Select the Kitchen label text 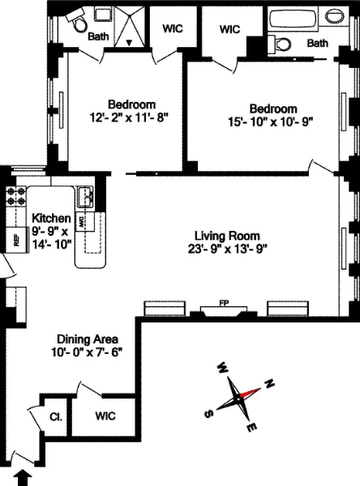click(x=51, y=218)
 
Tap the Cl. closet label click(x=56, y=417)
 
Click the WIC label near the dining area click(x=105, y=416)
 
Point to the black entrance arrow click(x=25, y=477)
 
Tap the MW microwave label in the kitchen click(x=83, y=222)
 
